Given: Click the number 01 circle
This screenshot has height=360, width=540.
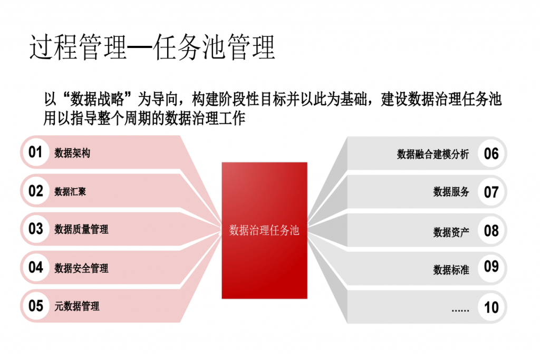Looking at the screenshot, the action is point(35,152).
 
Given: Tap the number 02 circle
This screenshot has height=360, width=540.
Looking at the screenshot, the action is point(35,191).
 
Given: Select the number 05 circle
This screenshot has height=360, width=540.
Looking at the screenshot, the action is point(35,306).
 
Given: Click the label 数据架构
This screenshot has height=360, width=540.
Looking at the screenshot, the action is point(72,153).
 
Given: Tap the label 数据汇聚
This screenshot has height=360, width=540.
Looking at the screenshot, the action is point(70,191).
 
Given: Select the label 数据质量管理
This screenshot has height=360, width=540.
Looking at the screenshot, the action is point(81,229).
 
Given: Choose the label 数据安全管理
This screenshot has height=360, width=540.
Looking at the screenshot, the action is point(81,268).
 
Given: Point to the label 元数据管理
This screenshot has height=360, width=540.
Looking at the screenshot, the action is point(77,306).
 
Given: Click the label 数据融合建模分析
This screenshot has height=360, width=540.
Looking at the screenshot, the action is point(433,154).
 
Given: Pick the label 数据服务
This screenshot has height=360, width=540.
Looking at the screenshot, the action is point(451,192).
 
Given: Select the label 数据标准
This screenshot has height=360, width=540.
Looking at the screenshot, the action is point(451,269).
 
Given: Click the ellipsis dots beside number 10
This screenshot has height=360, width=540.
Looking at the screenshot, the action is point(460,310).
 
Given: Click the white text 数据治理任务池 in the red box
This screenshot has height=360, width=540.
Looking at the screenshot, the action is point(264,230).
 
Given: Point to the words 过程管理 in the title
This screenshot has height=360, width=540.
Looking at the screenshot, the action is point(78,47).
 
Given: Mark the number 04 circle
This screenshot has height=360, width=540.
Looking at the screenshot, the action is point(35,267).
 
